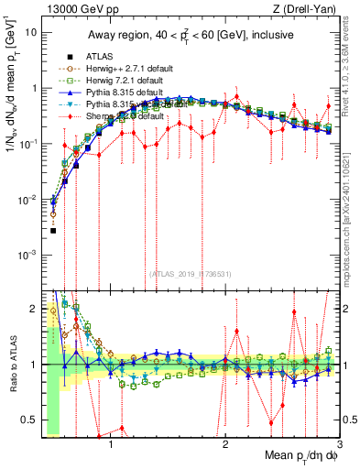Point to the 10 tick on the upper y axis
29,31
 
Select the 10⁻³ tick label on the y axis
27,256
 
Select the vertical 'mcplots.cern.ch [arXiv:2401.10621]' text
353,211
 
